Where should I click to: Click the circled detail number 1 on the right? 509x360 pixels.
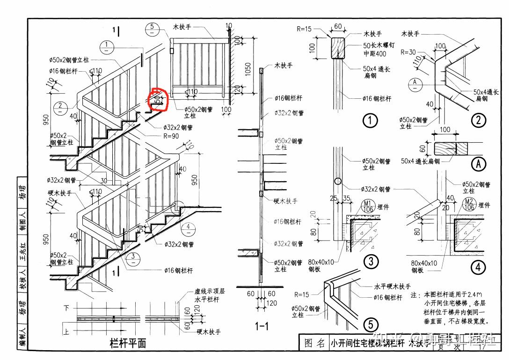[370, 121]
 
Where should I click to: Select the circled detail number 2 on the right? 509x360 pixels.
[478, 121]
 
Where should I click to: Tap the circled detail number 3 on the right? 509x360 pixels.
[371, 261]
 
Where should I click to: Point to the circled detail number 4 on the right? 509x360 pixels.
[478, 267]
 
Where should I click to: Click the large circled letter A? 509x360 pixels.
[479, 163]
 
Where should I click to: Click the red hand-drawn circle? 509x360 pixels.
[158, 100]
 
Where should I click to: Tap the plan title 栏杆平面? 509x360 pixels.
[128, 343]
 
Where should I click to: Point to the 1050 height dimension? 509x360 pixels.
[248, 68]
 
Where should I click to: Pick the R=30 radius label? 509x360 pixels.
[408, 52]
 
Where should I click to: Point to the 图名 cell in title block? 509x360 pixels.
[314, 343]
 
